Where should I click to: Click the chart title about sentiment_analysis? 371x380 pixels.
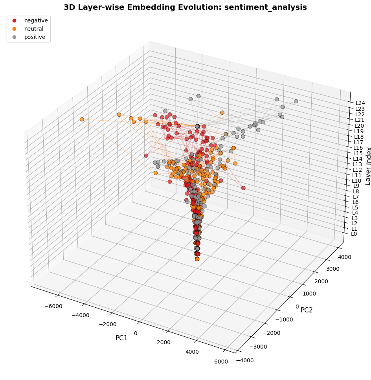coord(185,7)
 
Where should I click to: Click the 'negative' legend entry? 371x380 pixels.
coord(36,20)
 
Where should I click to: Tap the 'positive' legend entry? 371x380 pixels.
coord(35,37)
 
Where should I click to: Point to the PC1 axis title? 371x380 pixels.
coord(121,338)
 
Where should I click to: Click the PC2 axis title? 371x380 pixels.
coord(307,310)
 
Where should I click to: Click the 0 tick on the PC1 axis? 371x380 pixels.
coord(136,333)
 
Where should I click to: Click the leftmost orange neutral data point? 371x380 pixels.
coord(82,119)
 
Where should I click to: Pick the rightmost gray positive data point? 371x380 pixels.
coord(296,101)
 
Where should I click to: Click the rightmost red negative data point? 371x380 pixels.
coord(243,188)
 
